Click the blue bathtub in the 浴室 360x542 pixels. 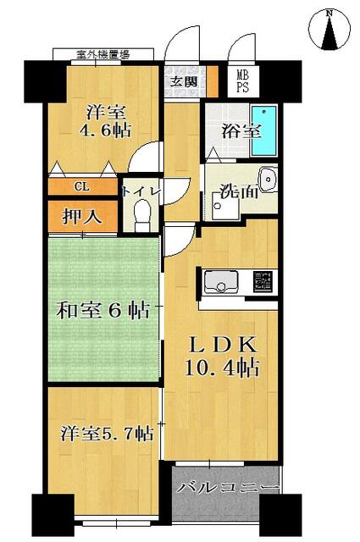pyautogui.click(x=265, y=130)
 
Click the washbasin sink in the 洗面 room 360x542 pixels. pyautogui.click(x=268, y=180)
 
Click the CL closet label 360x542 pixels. pyautogui.click(x=83, y=187)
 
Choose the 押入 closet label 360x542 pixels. pyautogui.click(x=83, y=216)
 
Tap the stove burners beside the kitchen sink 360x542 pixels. pyautogui.click(x=263, y=282)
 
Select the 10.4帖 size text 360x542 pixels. pyautogui.click(x=224, y=368)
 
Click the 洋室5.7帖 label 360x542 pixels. pyautogui.click(x=106, y=434)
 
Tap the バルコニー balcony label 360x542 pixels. pyautogui.click(x=227, y=489)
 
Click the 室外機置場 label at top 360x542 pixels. pyautogui.click(x=102, y=55)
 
